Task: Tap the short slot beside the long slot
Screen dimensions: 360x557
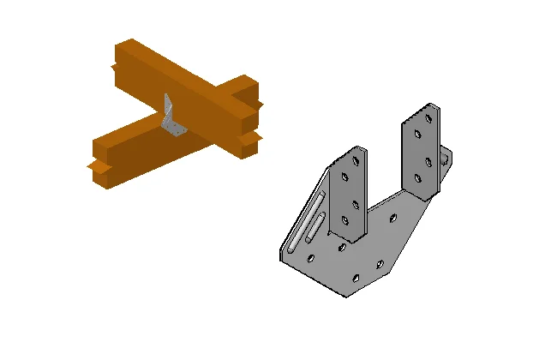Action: pos(314,230)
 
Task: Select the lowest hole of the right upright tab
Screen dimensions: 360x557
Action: pos(419,178)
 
